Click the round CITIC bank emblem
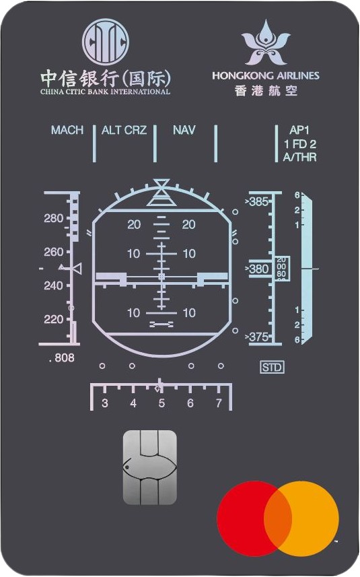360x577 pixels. click(x=106, y=42)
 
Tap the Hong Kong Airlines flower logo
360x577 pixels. click(x=266, y=43)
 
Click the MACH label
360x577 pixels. click(x=67, y=130)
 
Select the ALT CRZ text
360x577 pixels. click(x=124, y=130)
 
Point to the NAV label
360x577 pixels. click(x=184, y=130)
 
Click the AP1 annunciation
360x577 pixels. click(x=299, y=130)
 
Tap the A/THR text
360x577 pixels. click(x=299, y=157)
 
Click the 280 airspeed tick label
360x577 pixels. click(x=54, y=218)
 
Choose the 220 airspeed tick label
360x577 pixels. click(x=54, y=319)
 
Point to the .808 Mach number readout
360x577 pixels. click(x=61, y=358)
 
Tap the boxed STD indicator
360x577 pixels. click(x=272, y=367)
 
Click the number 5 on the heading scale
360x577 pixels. click(x=161, y=403)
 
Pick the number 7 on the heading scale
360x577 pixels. click(x=219, y=403)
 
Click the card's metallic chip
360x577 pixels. click(x=150, y=467)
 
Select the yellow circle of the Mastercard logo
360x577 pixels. click(x=301, y=519)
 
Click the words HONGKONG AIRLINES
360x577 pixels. click(x=266, y=76)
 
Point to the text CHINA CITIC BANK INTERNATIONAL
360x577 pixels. click(x=105, y=92)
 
